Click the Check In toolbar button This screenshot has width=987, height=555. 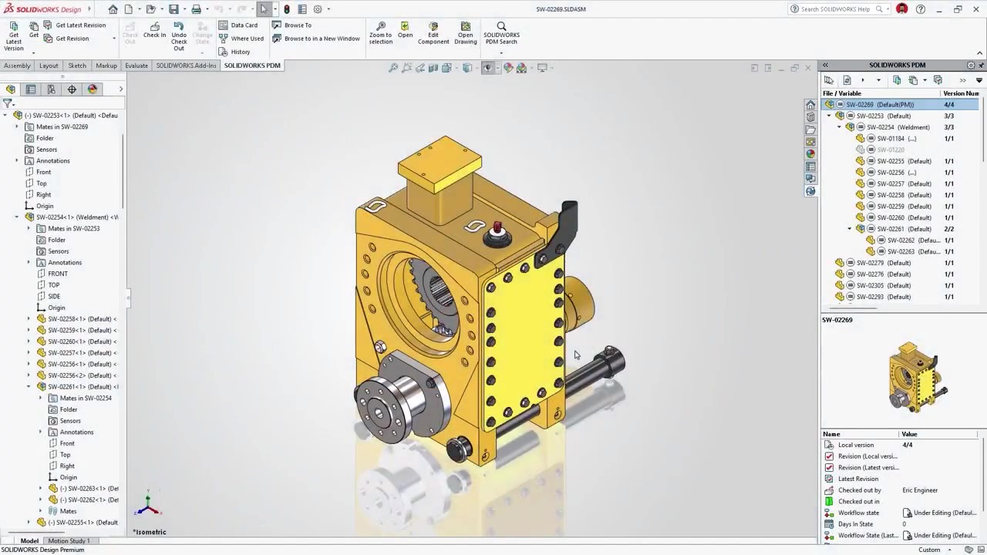[154, 30]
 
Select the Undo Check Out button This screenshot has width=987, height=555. [179, 35]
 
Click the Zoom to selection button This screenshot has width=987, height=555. [380, 32]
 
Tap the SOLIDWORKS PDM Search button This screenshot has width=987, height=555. [501, 32]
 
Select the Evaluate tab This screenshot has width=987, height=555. [136, 66]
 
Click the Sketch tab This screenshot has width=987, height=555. [77, 66]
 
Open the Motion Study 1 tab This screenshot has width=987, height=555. [69, 540]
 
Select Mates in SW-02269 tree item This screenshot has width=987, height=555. [62, 126]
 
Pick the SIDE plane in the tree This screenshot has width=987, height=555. [54, 296]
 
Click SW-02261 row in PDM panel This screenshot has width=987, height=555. [899, 229]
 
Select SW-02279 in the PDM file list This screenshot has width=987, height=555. [883, 263]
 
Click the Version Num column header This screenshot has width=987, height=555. [960, 93]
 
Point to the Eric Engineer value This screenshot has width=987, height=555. [920, 490]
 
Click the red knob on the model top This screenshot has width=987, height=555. [497, 228]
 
